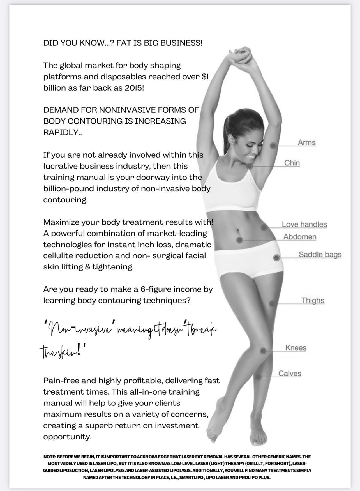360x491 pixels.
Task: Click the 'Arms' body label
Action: tap(306, 142)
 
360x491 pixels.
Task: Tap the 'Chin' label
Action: tap(292, 163)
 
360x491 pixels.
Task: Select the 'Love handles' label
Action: tap(304, 224)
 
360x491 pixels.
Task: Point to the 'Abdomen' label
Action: tap(300, 237)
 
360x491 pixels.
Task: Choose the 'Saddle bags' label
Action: tap(320, 255)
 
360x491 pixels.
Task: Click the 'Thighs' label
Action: tap(313, 300)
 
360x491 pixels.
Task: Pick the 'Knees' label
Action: tap(296, 348)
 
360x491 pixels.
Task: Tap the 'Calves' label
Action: tap(290, 374)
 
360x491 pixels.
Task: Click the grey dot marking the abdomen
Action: tap(239, 240)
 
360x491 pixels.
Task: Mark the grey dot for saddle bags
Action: tap(276, 258)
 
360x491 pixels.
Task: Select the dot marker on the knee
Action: tap(263, 351)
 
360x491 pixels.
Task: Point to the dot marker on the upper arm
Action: tap(273, 145)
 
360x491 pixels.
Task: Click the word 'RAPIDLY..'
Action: tap(63, 132)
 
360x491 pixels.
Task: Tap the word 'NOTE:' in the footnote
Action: tap(49, 457)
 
